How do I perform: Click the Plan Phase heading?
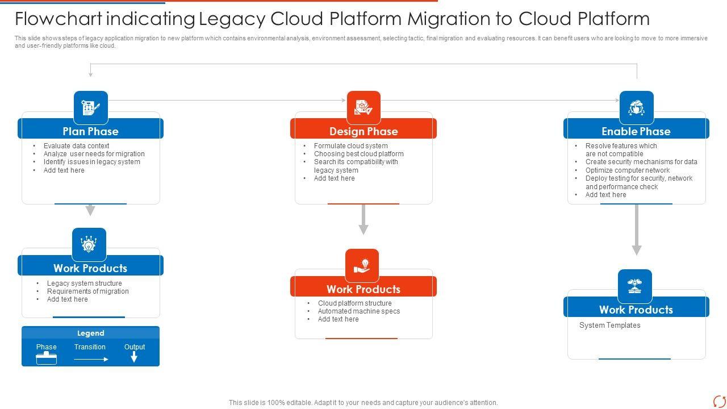point(90,131)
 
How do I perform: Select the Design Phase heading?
point(363,131)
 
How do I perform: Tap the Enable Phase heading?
point(636,131)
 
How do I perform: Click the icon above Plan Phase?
point(91,107)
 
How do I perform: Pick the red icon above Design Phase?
point(363,107)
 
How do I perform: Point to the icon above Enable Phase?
point(636,107)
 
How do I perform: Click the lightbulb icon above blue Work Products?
point(89,244)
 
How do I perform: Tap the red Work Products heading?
point(363,289)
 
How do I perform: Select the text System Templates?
point(609,325)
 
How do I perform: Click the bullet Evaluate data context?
point(76,146)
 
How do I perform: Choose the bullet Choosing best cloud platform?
point(358,154)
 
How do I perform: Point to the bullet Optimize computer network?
point(628,170)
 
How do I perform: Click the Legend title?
point(91,333)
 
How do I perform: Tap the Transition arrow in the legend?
point(91,359)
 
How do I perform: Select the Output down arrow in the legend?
point(134,357)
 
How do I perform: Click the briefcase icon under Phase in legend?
point(47,358)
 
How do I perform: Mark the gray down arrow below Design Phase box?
point(363,220)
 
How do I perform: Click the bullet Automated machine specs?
point(358,311)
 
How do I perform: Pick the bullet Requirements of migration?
point(87,291)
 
